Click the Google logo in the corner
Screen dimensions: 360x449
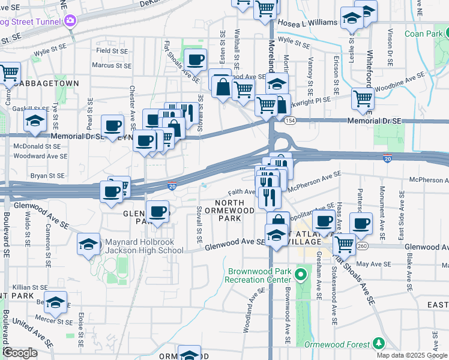click(20, 353)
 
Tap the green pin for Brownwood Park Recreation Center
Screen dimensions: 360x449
click(301, 276)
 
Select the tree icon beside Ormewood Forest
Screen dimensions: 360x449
click(378, 343)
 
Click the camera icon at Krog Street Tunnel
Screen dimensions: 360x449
click(71, 21)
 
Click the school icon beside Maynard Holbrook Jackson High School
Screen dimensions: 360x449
click(89, 244)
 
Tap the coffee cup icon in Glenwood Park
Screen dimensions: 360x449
click(158, 212)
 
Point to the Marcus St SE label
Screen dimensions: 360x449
click(112, 65)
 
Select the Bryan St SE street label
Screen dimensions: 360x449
click(47, 176)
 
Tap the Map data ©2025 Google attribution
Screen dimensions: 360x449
click(412, 355)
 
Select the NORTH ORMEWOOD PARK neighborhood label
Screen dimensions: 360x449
click(229, 214)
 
